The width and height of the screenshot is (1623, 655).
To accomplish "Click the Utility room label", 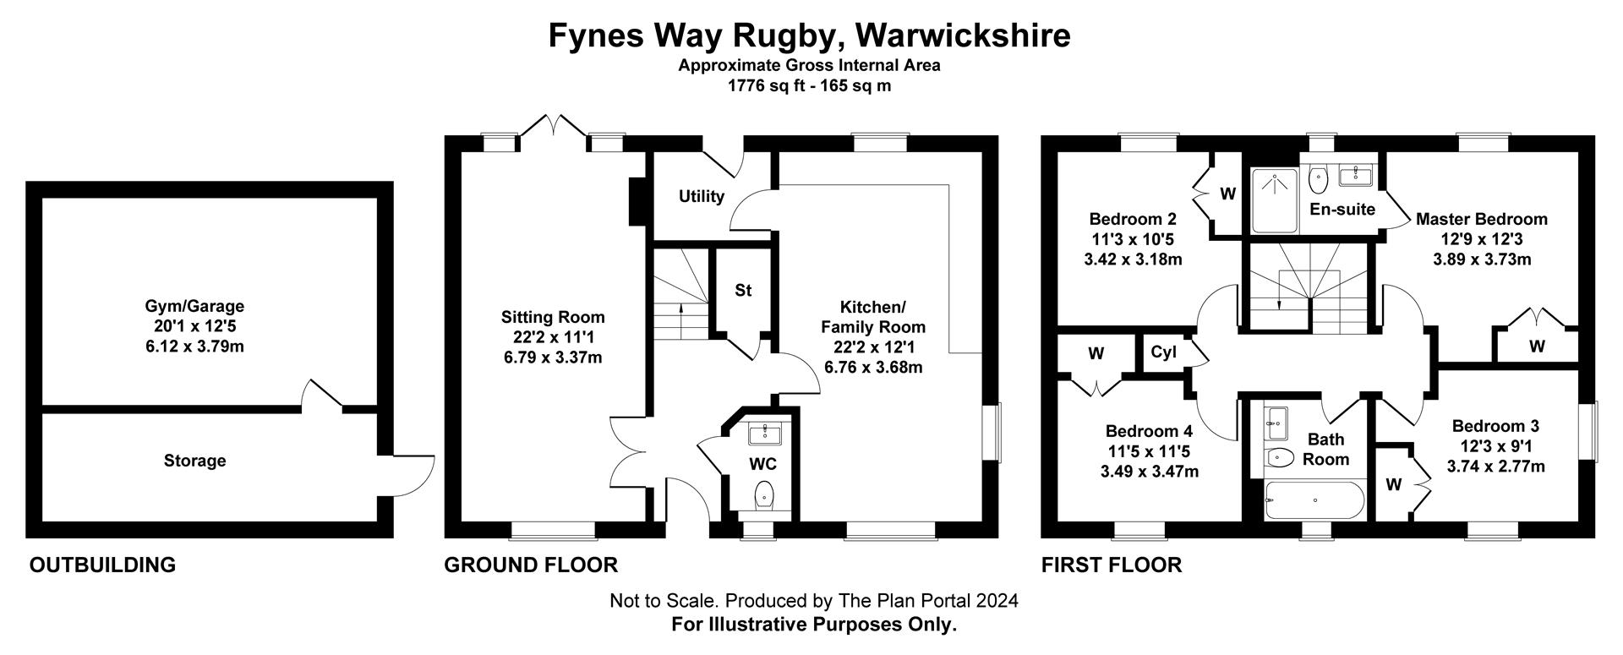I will click(x=701, y=196).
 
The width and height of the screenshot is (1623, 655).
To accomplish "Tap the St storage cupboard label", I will click(x=742, y=291).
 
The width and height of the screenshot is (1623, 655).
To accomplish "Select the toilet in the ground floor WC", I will click(x=763, y=494).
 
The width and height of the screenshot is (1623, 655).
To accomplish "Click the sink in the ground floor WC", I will click(x=766, y=434).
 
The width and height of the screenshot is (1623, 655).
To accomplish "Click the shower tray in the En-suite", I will click(x=1274, y=201).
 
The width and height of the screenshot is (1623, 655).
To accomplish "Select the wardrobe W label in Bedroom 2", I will click(x=1227, y=194).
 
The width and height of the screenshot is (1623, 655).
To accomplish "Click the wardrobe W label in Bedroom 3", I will click(x=1393, y=484).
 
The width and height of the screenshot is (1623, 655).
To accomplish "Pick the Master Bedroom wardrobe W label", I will click(x=1537, y=346).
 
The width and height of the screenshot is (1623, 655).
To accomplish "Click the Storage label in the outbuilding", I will click(x=194, y=461).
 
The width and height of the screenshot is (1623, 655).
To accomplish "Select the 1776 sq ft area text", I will click(x=764, y=85).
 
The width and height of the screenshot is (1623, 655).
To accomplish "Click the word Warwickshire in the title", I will click(x=963, y=35).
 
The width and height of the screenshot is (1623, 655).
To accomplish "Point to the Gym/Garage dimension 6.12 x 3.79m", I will click(x=194, y=346).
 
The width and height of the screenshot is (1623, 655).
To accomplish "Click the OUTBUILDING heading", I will click(x=102, y=565).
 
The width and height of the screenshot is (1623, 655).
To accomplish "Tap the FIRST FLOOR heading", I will click(x=1111, y=565).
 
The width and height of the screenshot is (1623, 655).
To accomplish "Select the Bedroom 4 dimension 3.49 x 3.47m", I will click(x=1149, y=471).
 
